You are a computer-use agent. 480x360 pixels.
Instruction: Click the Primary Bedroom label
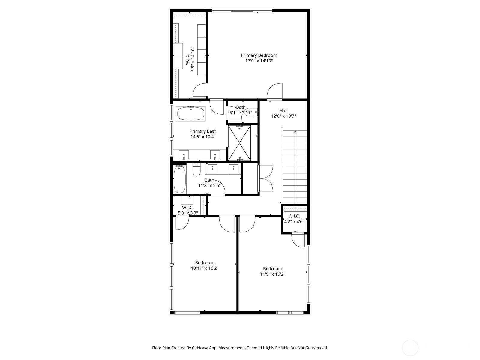259,55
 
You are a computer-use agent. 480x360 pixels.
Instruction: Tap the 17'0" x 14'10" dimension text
259,61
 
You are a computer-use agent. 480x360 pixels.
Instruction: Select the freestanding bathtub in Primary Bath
191,114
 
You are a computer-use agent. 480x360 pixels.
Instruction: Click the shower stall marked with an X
239,143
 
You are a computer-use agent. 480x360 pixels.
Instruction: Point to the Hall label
283,110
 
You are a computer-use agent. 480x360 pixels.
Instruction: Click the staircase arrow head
295,131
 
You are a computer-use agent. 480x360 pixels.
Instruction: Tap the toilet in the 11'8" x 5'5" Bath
196,170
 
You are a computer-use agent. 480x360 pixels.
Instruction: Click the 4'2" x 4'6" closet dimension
294,222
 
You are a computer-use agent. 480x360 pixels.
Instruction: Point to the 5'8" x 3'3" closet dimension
188,213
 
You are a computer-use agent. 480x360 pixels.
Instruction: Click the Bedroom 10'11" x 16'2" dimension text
205,268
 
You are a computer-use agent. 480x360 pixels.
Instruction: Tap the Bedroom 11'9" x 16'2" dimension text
272,274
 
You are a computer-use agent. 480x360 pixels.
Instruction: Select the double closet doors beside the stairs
266,178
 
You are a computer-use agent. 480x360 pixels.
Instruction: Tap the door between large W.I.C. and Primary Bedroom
200,91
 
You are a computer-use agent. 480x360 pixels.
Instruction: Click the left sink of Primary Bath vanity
184,155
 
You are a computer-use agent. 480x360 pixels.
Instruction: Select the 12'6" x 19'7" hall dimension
283,116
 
